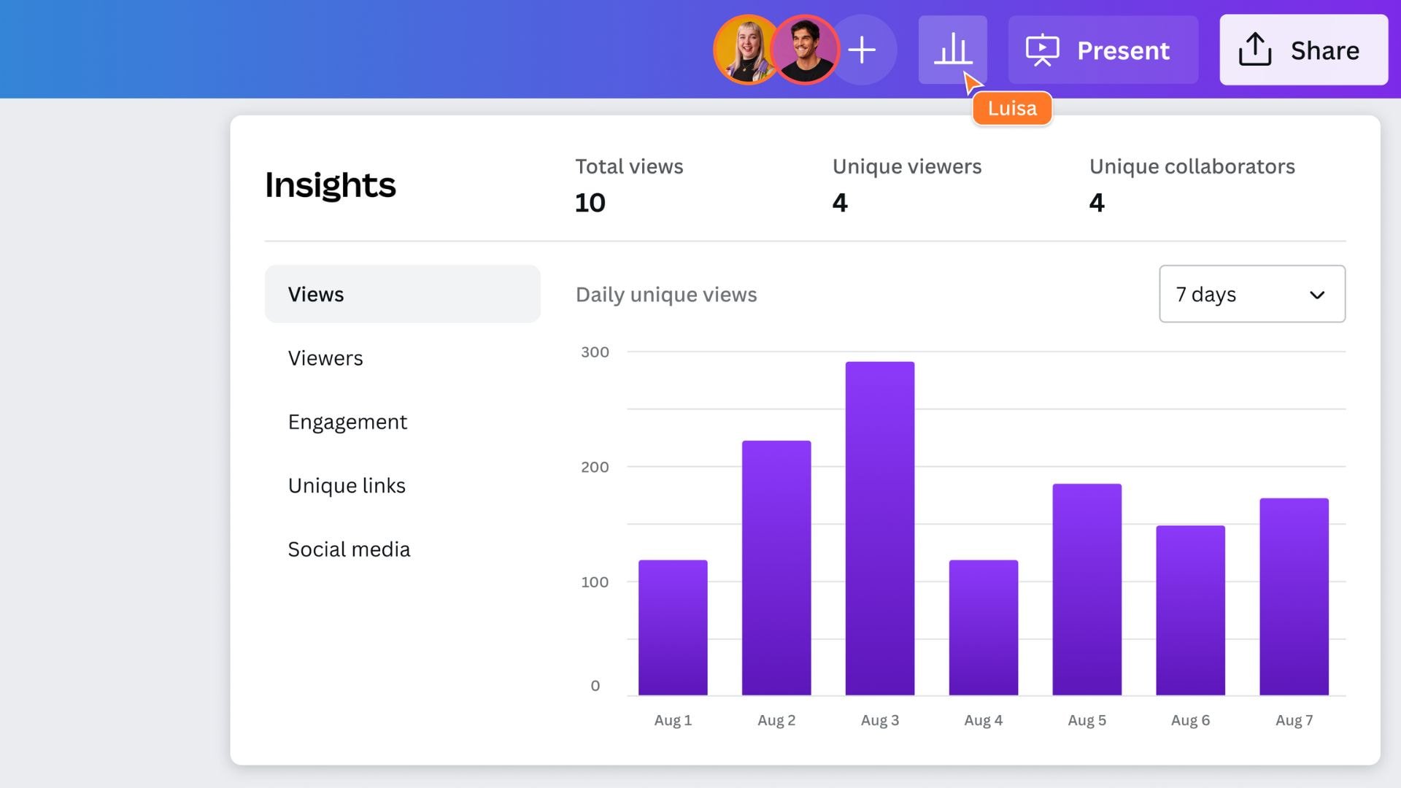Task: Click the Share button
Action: [x=1303, y=50]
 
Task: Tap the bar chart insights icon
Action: [x=952, y=50]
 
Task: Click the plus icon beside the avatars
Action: [x=862, y=50]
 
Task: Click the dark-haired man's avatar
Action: [x=806, y=50]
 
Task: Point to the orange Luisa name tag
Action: [x=1012, y=109]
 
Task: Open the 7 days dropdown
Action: [x=1251, y=294]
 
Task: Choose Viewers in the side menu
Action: [x=325, y=358]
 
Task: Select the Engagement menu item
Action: [x=347, y=422]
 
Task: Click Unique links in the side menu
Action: [x=347, y=486]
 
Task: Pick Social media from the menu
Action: [x=349, y=549]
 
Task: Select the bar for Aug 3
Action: [x=879, y=528]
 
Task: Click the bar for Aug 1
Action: [x=673, y=627]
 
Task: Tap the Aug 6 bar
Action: [x=1190, y=610]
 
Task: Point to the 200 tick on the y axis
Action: [x=595, y=467]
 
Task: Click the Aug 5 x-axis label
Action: [x=1087, y=721]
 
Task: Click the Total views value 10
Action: [x=590, y=203]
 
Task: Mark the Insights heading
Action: [x=331, y=185]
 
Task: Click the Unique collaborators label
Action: [x=1192, y=166]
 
